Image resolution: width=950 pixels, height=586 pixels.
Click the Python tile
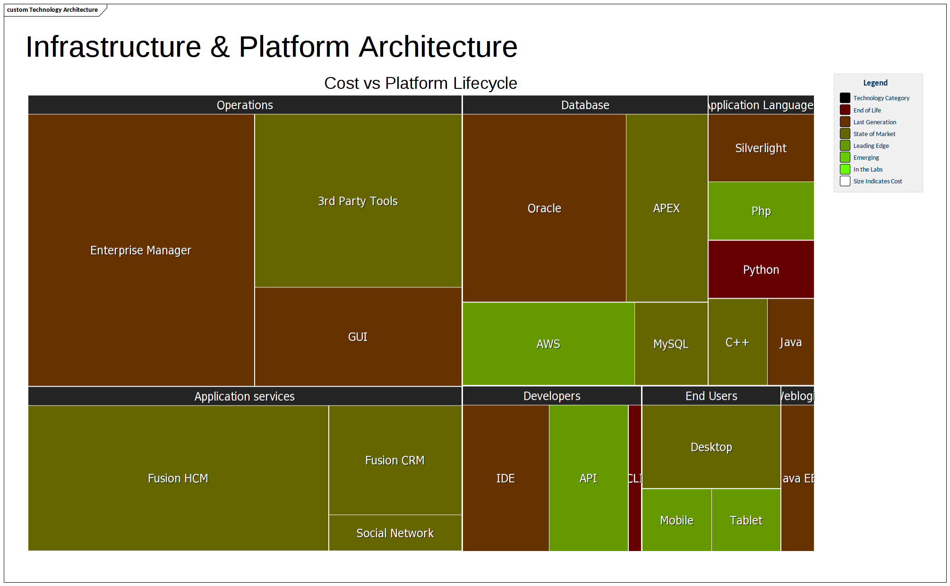click(761, 269)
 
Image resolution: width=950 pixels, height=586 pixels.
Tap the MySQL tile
click(671, 344)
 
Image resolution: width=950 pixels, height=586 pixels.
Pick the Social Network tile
click(395, 533)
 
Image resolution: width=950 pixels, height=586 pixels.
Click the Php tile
click(761, 211)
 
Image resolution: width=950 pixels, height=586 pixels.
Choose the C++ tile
click(737, 342)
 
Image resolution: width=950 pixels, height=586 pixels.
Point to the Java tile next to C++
click(790, 342)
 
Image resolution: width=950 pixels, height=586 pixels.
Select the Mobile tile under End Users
click(676, 520)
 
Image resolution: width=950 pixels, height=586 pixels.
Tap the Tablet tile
click(746, 520)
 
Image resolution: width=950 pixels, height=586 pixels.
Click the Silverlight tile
click(761, 148)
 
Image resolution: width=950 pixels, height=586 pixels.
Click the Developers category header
click(552, 396)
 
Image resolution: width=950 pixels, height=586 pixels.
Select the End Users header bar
click(711, 396)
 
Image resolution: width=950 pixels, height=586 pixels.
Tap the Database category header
click(585, 105)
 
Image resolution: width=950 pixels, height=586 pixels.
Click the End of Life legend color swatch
click(845, 110)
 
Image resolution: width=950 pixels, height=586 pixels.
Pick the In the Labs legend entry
click(868, 169)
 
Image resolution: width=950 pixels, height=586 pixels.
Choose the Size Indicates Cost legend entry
click(877, 181)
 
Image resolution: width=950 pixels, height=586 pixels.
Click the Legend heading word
click(875, 83)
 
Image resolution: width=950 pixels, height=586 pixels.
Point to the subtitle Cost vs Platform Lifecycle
click(420, 83)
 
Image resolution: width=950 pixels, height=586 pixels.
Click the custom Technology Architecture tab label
click(52, 9)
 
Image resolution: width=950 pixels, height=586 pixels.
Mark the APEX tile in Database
click(666, 208)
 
